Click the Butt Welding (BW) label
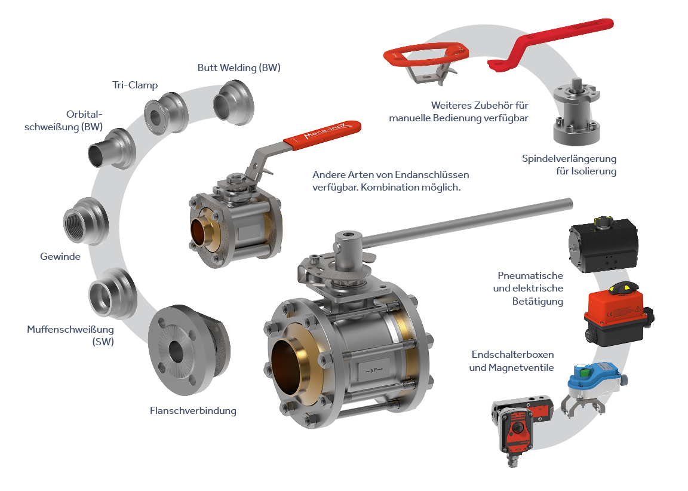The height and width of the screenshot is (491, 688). [x=239, y=67]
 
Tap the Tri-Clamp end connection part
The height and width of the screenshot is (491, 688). [x=166, y=113]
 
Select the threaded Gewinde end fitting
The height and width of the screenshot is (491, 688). [x=85, y=222]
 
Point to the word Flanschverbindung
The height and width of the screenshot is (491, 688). [x=193, y=411]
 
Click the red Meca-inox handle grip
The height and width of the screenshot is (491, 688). [x=322, y=134]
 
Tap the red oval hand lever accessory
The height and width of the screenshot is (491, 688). [x=426, y=62]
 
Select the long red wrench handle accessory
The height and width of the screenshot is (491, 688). [x=551, y=44]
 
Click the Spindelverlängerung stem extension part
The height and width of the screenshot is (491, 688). [x=576, y=112]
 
